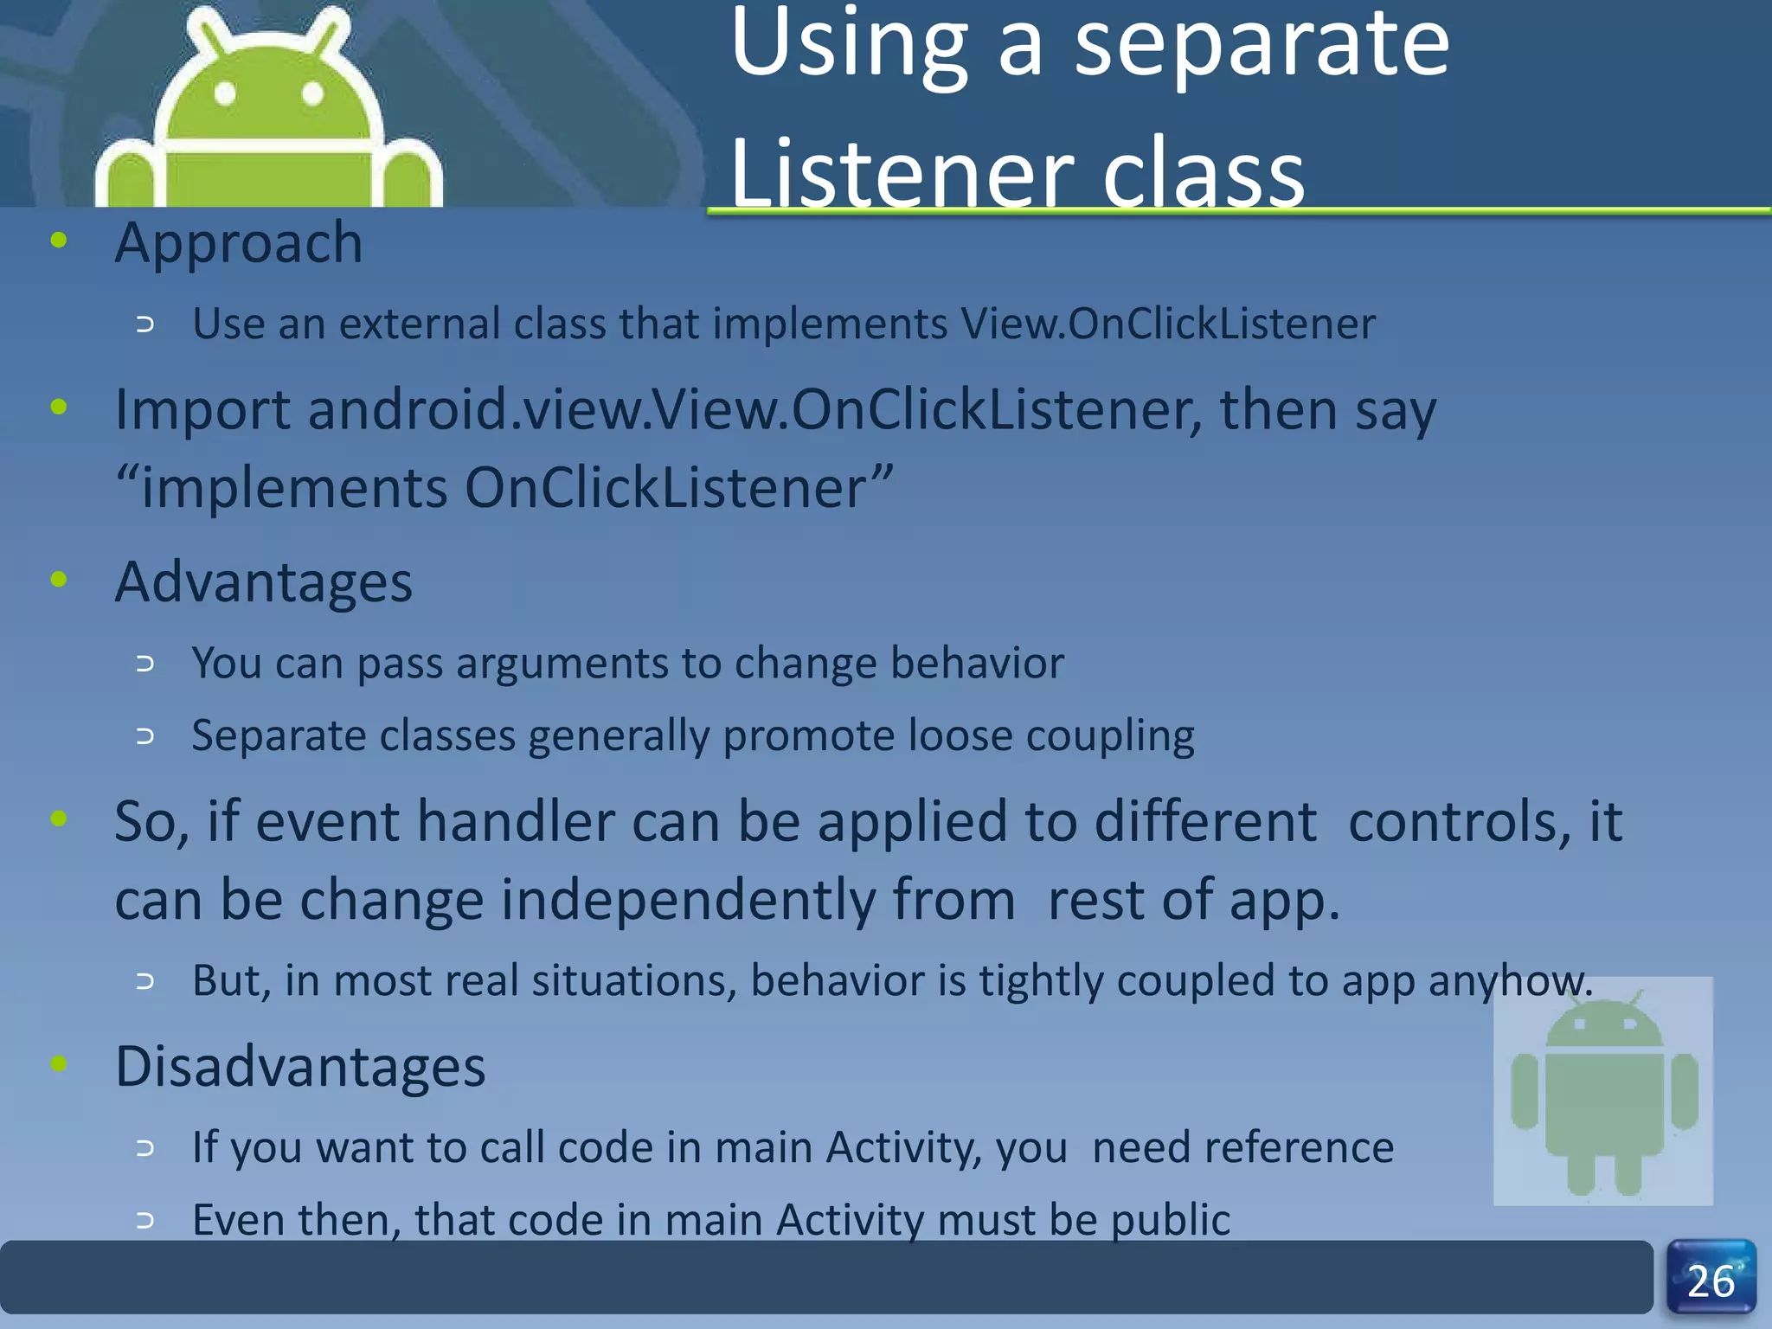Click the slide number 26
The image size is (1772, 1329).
tap(1711, 1281)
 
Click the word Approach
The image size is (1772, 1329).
tap(239, 243)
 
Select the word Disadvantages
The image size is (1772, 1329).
tap(300, 1066)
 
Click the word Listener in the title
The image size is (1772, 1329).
tap(901, 173)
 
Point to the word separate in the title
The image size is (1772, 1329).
tap(1261, 45)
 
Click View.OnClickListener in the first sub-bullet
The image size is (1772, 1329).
tap(1167, 324)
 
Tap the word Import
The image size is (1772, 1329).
tap(202, 410)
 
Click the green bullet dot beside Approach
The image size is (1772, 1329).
tap(59, 241)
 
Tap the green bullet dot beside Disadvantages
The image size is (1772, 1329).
tap(59, 1063)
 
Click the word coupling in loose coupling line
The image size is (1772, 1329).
tap(1109, 737)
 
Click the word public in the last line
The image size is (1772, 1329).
tap(1170, 1221)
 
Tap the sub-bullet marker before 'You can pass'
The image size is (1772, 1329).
tap(145, 664)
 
